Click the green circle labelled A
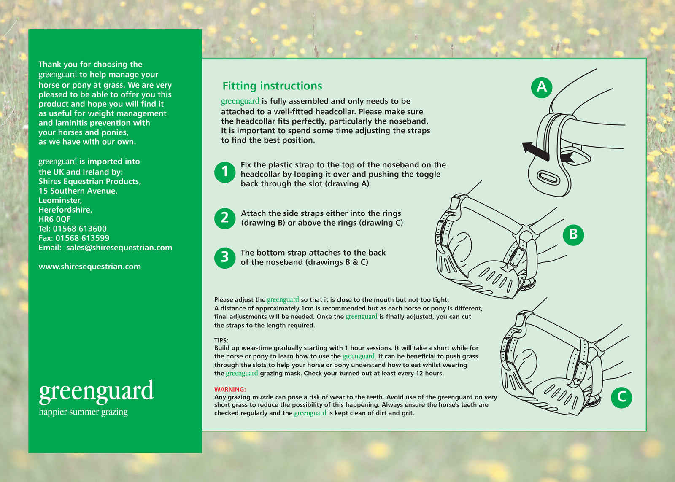pos(542,87)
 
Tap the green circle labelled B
pos(573,234)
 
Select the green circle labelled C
pos(621,397)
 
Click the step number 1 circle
pos(225,172)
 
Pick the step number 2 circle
pos(225,218)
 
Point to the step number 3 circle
pos(225,257)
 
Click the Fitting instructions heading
pos(272,86)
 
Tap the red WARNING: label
pos(229,389)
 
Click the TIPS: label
pos(221,340)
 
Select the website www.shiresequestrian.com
pos(89,267)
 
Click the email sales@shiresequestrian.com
pos(119,248)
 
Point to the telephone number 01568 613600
pos(80,229)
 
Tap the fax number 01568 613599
pos(82,238)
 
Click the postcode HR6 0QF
pos(54,219)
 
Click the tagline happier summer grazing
pos(83,412)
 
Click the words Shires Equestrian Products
pos(89,181)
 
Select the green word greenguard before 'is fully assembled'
pos(240,101)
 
